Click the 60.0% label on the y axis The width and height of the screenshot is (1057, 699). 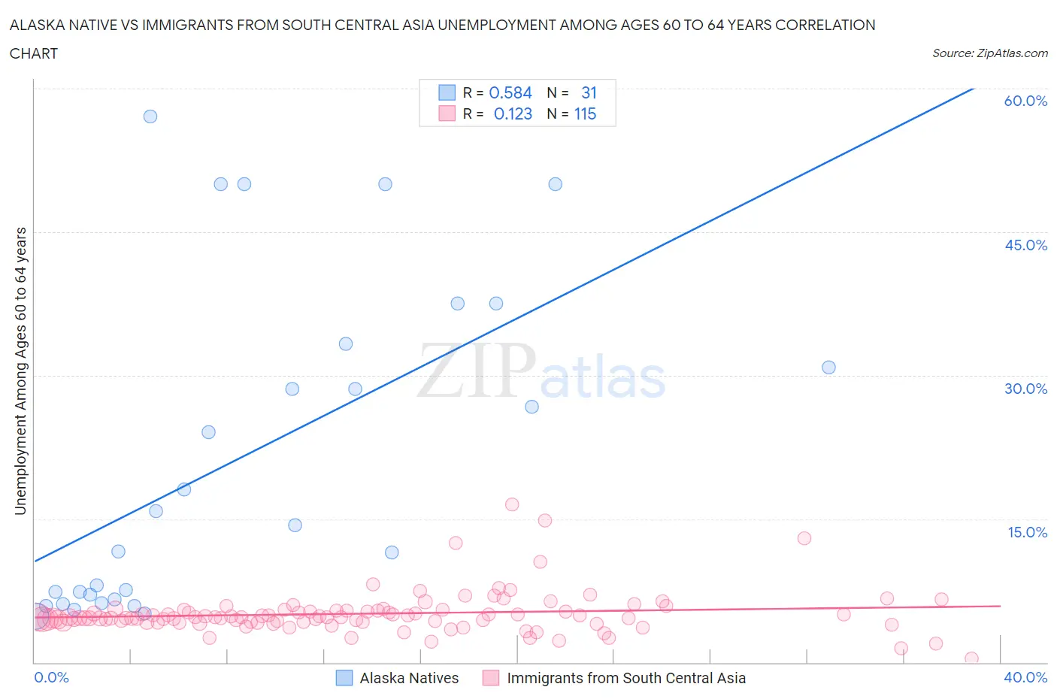click(1025, 101)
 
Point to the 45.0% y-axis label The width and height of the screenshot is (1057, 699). click(1025, 245)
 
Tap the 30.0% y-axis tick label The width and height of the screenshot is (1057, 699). click(1025, 389)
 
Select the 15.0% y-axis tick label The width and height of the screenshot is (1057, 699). click(1027, 532)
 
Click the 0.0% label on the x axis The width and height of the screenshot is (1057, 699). click(51, 677)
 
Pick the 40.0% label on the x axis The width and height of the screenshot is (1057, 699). click(1025, 677)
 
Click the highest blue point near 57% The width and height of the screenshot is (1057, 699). click(150, 116)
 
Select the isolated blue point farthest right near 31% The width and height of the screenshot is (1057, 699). click(828, 368)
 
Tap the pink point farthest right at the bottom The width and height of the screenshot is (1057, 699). click(971, 658)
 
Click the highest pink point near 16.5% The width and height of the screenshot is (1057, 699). click(512, 504)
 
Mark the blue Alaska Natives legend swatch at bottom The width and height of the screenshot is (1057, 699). click(344, 678)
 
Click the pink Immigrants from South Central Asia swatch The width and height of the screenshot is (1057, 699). click(491, 678)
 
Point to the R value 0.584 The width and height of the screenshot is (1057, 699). click(510, 92)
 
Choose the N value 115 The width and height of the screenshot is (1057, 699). click(585, 113)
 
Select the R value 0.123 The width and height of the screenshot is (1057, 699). click(513, 113)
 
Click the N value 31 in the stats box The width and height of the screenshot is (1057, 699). click(589, 92)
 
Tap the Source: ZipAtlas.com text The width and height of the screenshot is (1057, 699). click(989, 53)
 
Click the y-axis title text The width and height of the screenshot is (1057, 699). click(20, 371)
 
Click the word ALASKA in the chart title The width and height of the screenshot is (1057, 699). click(35, 25)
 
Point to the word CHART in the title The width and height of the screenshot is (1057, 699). click(34, 53)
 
